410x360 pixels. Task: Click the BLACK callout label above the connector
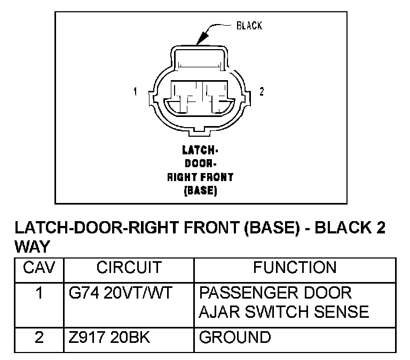pos(249,26)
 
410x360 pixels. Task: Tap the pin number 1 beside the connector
pos(136,92)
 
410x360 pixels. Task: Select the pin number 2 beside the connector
pos(261,92)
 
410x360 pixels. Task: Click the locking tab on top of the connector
pos(199,58)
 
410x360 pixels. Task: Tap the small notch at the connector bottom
pos(199,130)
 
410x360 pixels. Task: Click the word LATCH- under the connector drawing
pos(199,151)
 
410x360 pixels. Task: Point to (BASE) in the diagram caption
pos(199,190)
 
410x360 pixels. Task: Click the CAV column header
pos(39,268)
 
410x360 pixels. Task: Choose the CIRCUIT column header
pos(129,268)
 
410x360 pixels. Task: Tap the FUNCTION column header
pos(295,268)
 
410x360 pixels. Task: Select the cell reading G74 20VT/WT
pos(120,293)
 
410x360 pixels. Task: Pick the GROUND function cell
pos(234,338)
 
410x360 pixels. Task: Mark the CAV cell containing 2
pos(39,338)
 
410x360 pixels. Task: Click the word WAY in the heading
pos(32,247)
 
